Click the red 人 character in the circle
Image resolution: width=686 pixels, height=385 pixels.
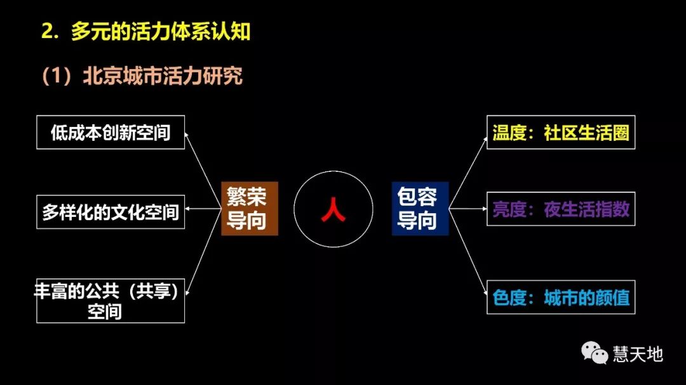tap(333, 209)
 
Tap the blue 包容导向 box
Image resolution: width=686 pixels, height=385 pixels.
tap(420, 209)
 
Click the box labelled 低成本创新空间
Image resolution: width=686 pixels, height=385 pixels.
tap(111, 132)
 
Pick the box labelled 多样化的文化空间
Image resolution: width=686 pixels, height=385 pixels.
tap(111, 212)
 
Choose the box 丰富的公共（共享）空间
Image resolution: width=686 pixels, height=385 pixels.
tap(111, 301)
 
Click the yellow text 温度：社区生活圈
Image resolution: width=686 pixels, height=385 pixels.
tap(561, 133)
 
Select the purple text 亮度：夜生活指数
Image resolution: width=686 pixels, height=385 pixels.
tap(561, 209)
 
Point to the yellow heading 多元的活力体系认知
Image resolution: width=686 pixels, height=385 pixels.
tap(161, 32)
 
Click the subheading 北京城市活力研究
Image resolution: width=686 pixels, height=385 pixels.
tap(163, 76)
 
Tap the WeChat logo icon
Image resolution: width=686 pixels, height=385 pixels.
tap(595, 353)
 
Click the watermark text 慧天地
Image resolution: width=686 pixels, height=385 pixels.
tap(637, 353)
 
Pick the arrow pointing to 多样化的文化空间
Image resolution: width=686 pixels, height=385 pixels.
tap(203, 209)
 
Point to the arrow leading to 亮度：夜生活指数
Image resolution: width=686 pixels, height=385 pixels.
tap(468, 209)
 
